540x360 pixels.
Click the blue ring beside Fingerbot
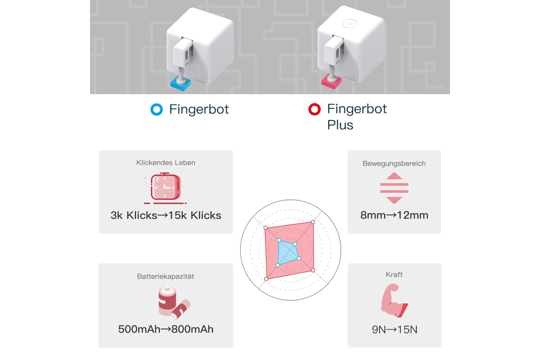point(157,109)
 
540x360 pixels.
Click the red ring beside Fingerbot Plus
point(315,109)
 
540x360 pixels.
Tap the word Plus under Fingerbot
point(340,125)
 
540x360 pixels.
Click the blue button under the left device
point(180,83)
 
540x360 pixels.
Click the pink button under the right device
point(332,82)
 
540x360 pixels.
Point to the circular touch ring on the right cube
point(350,24)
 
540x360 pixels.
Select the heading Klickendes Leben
point(166,162)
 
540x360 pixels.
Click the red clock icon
point(166,188)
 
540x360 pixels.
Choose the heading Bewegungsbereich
point(394,163)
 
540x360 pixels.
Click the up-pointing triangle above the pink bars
point(394,176)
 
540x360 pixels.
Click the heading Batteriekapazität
point(166,276)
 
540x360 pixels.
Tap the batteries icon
point(174,303)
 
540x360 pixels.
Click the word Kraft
point(394,274)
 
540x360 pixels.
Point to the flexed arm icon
point(394,301)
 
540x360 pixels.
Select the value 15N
point(407,329)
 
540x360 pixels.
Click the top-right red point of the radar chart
point(313,222)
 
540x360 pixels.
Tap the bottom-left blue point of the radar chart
point(278,265)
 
